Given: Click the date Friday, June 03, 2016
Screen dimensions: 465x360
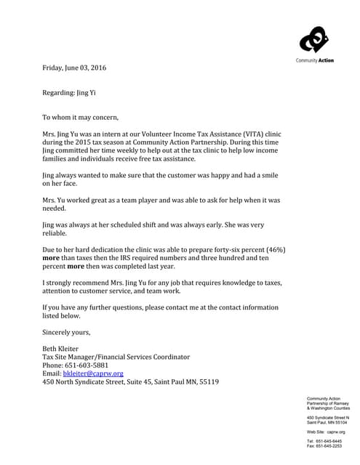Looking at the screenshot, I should [74, 68].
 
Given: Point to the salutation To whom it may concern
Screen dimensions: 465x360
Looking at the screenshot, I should [80, 117].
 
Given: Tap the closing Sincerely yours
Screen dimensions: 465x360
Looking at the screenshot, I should [66, 332].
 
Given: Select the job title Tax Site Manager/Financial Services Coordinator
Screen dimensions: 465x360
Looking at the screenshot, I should [116, 357].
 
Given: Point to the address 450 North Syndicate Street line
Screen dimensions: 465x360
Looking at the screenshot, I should [130, 381].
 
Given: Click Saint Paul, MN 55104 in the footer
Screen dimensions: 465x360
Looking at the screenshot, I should [328, 422].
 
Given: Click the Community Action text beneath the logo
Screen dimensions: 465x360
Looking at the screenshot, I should [315, 60].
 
